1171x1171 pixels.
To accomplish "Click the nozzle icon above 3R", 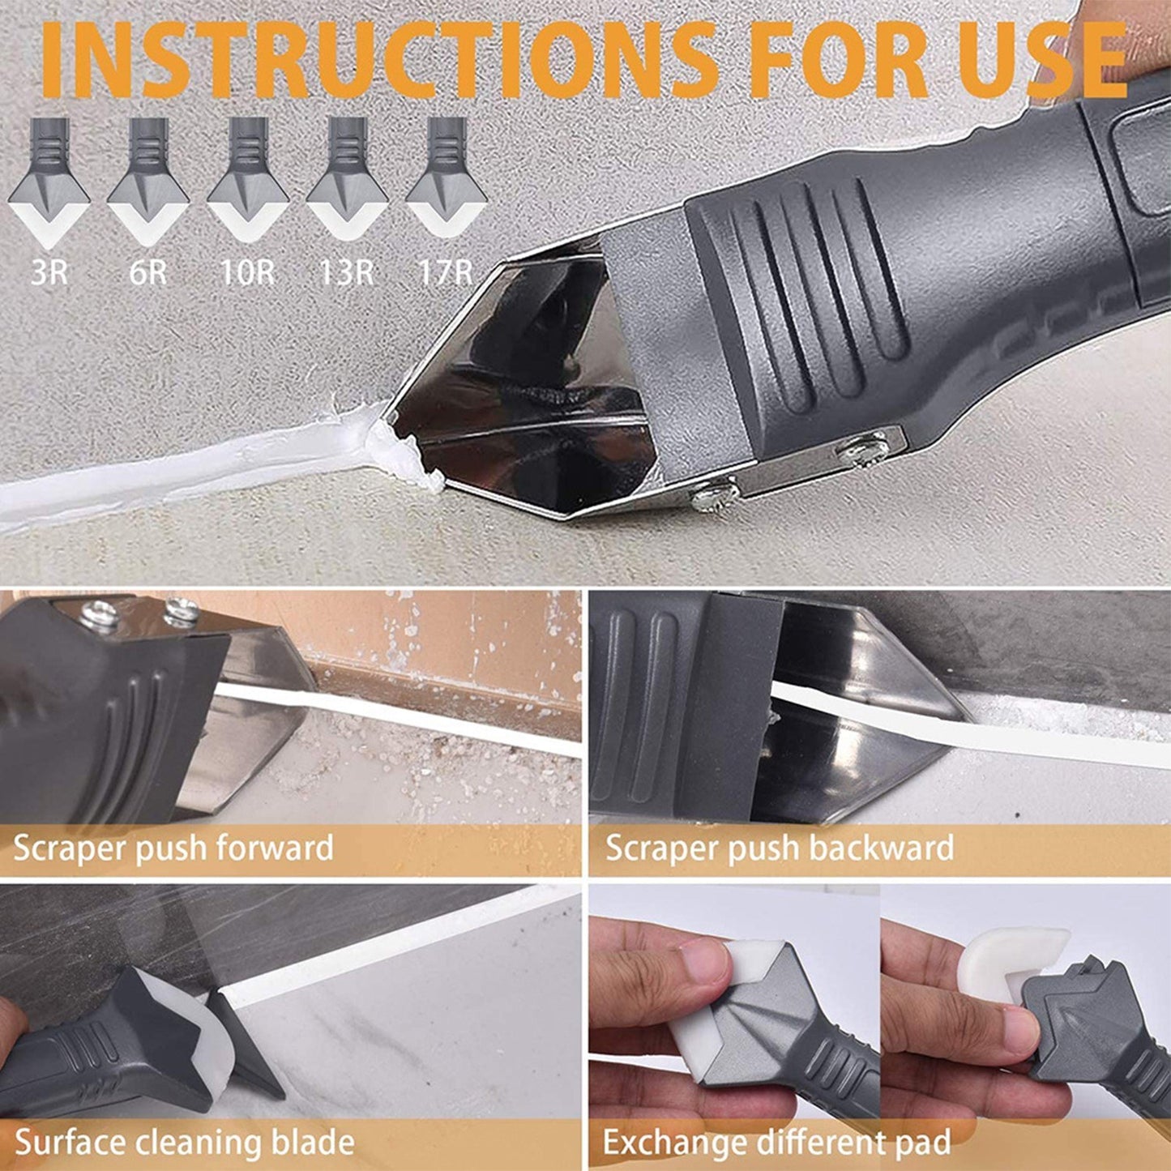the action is tap(49, 182).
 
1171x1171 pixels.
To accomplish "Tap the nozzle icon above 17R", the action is tap(446, 182).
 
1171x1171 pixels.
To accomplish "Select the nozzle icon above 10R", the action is tap(247, 182).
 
